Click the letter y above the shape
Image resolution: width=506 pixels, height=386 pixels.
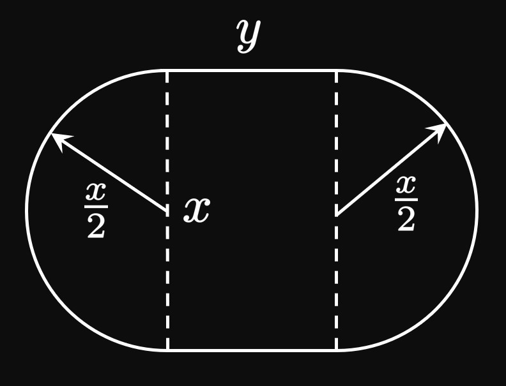(x=249, y=36)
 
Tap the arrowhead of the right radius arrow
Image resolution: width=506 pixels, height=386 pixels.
(x=441, y=128)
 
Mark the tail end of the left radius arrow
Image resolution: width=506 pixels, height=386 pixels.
(x=167, y=209)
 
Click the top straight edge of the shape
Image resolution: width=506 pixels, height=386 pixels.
(x=252, y=70)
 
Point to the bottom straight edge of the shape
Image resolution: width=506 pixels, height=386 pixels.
(x=252, y=350)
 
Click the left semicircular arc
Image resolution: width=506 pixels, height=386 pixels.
(x=27, y=210)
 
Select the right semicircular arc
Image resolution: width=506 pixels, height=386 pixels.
(x=477, y=210)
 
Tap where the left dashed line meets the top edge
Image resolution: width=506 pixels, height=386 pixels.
(x=167, y=70)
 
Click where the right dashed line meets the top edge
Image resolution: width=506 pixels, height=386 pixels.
(x=337, y=70)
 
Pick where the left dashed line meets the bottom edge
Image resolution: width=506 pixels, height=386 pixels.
(x=167, y=350)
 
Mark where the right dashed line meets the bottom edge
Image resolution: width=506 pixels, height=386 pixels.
(x=337, y=350)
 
